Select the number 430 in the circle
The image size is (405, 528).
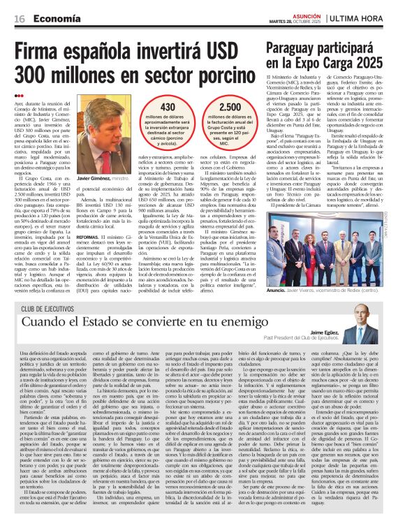coord(168,106)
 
